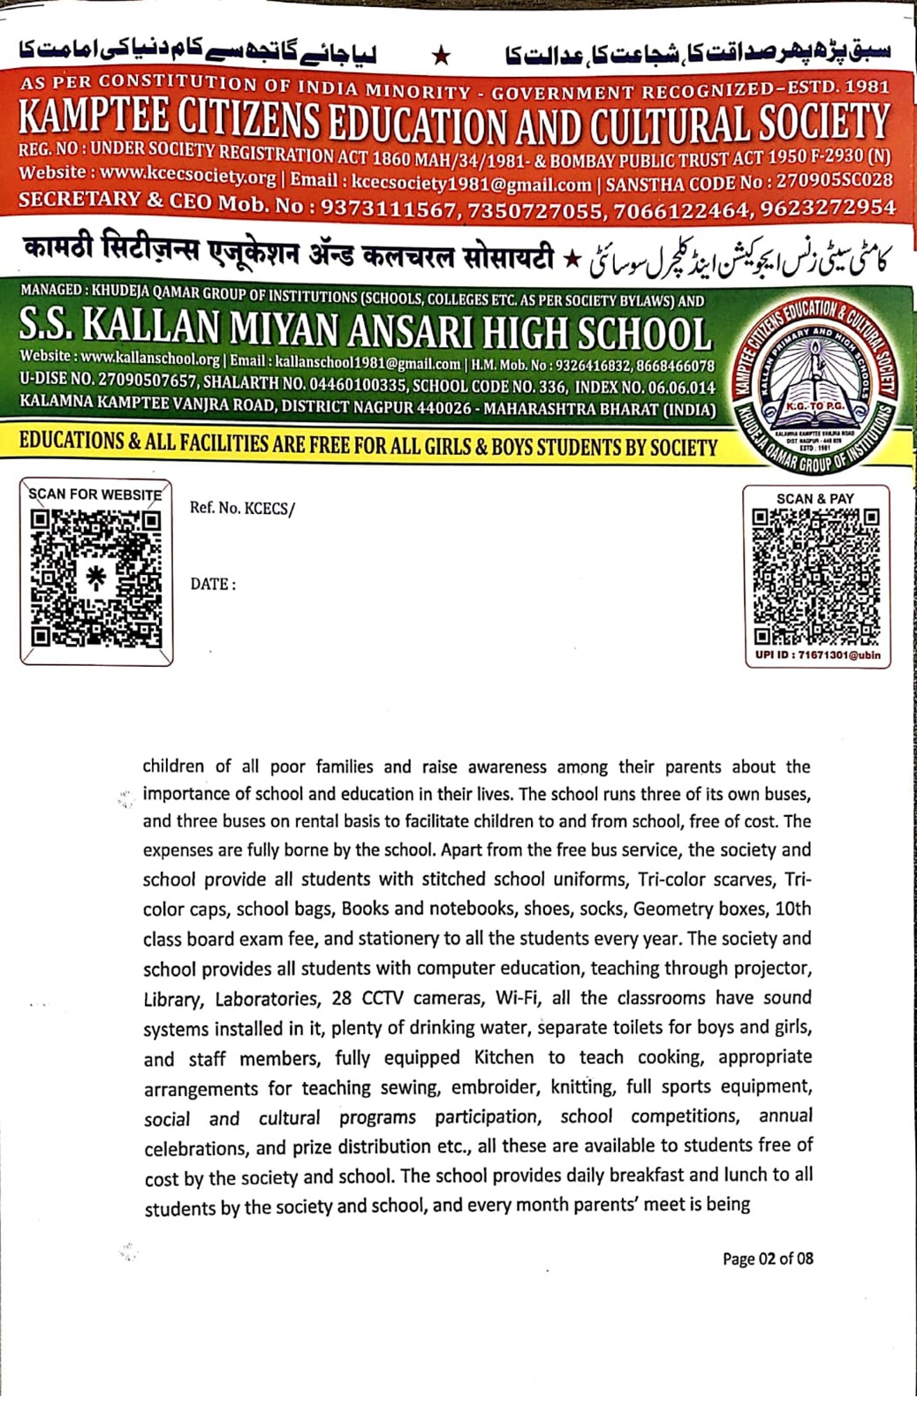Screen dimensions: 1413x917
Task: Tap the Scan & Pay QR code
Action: [815, 576]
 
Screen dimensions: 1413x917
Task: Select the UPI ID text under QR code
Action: [817, 655]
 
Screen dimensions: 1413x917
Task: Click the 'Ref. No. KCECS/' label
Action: [242, 509]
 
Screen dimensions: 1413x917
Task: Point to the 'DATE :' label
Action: [213, 585]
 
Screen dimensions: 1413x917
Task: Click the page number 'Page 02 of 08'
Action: [768, 1258]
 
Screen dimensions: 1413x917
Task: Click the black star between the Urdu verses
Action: [442, 57]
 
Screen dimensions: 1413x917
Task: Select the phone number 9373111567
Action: [386, 209]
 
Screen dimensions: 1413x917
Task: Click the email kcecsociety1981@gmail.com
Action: [471, 185]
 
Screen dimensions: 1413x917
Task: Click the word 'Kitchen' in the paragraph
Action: [504, 1057]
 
